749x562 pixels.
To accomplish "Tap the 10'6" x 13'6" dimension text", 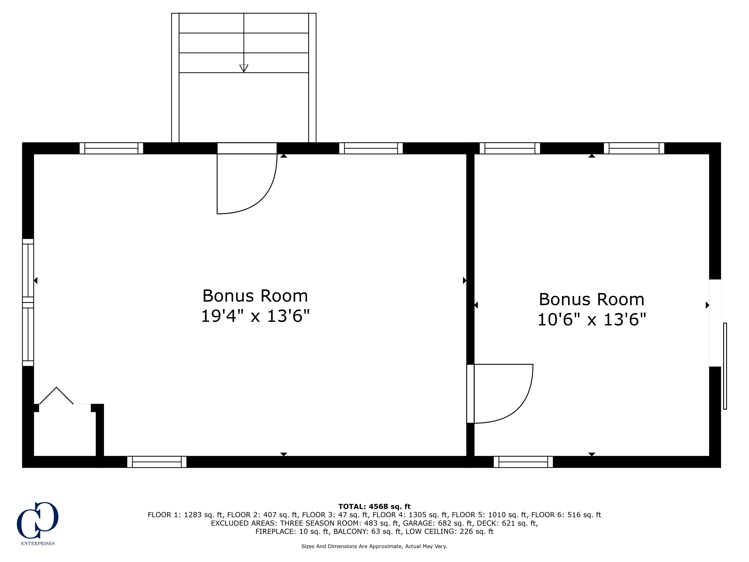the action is click(592, 319).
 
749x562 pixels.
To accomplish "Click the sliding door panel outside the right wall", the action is click(725, 366).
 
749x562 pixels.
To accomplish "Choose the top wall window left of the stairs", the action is click(111, 148).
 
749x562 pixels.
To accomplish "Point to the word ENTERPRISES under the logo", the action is click(38, 543).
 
